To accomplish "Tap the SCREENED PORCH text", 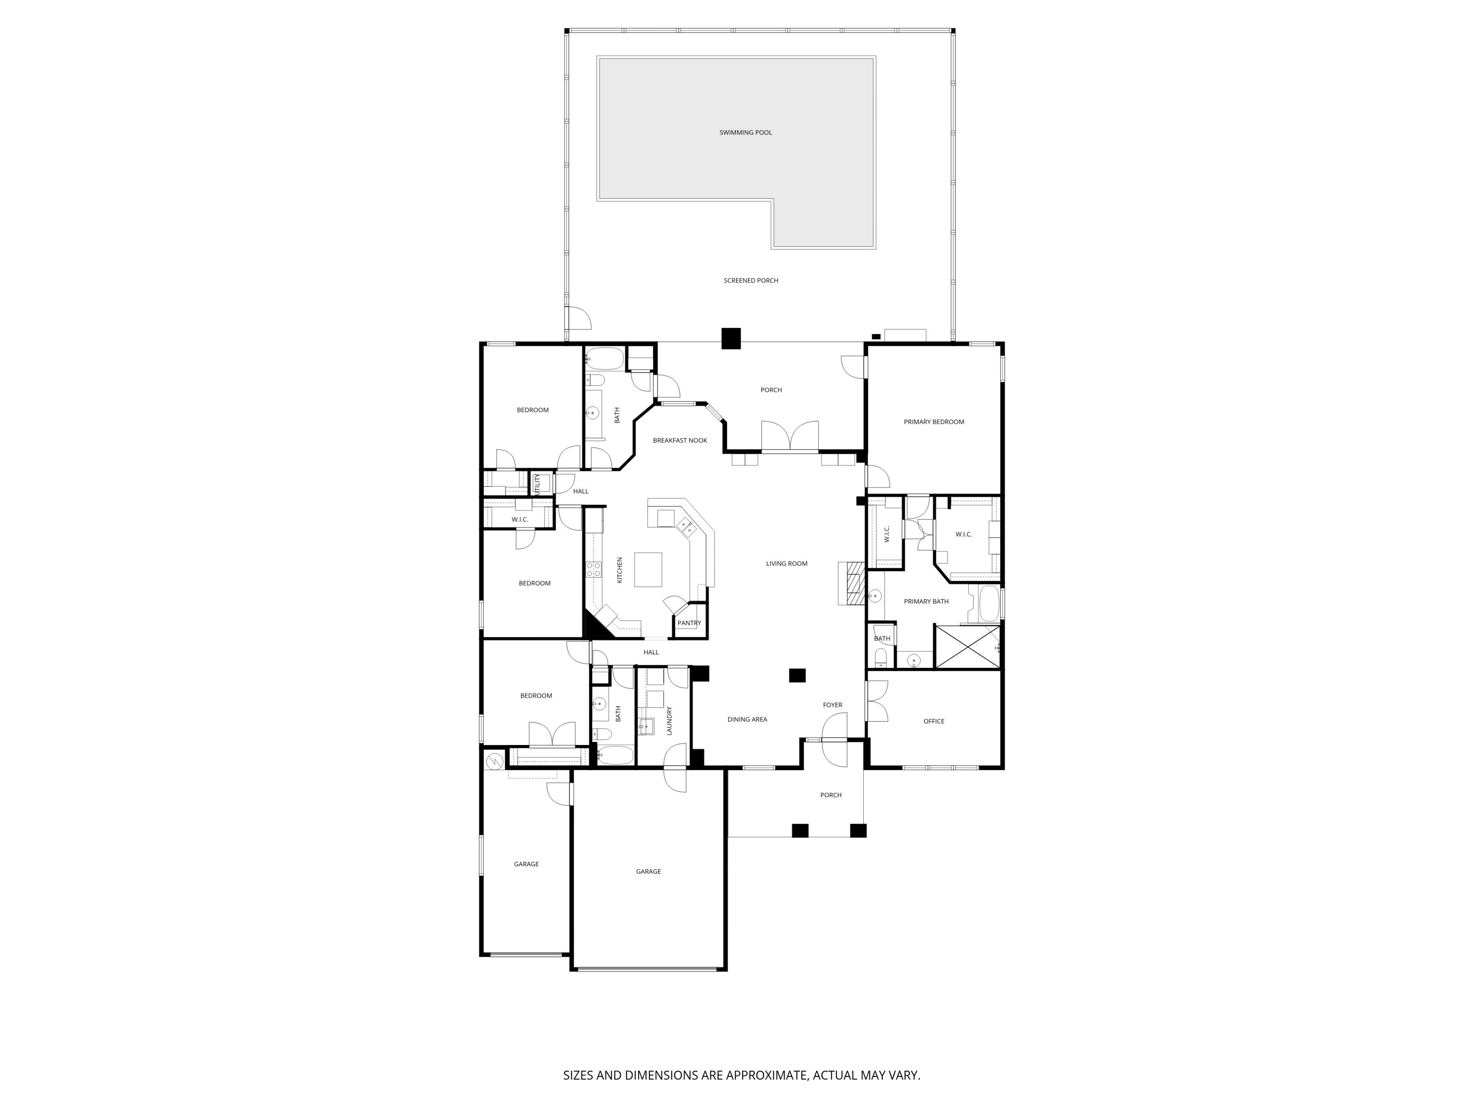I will tap(751, 280).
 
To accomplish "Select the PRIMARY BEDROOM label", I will tap(933, 422).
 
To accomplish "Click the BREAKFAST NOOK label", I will tap(680, 441).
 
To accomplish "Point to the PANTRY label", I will tap(689, 623).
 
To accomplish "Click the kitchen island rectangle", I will tap(648, 569).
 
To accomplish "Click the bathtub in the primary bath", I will tap(989, 604).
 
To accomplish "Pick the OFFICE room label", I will tap(933, 721).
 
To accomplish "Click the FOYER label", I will tap(832, 705).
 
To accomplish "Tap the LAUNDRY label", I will tap(670, 721).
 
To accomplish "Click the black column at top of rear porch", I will tap(731, 338).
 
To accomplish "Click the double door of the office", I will tap(876, 701).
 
